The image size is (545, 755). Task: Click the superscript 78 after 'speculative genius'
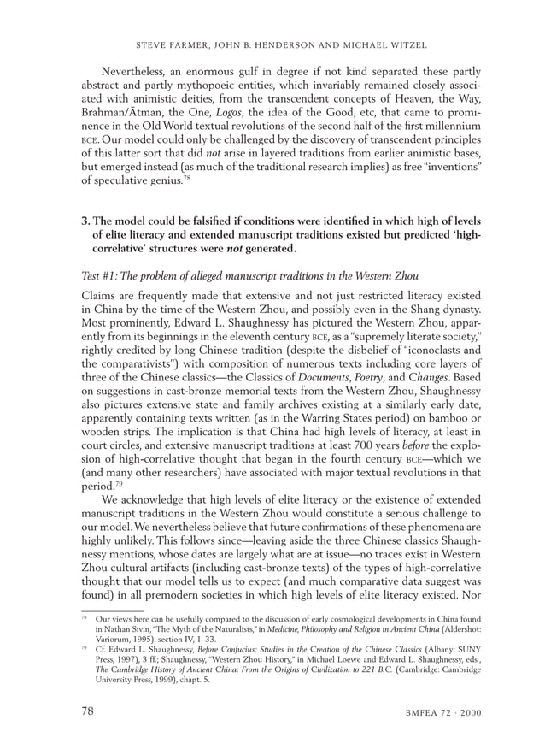(x=206, y=177)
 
